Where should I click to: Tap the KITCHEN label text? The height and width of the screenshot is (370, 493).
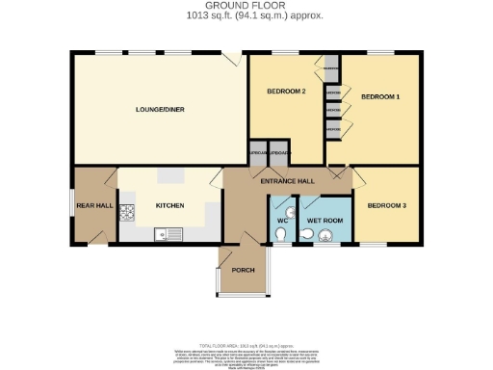(x=169, y=205)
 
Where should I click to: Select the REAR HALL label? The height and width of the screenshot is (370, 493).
(x=89, y=205)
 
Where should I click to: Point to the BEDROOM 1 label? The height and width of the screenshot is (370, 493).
(x=379, y=97)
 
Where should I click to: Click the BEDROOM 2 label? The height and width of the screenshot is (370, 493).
(x=286, y=92)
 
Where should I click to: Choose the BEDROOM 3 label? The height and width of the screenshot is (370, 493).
(x=386, y=205)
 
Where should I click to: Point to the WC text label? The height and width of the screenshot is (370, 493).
(x=282, y=222)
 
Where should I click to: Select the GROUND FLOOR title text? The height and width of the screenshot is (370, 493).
(x=246, y=7)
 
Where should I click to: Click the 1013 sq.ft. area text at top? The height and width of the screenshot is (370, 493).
(x=246, y=16)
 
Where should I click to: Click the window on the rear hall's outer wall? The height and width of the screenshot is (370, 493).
(x=72, y=203)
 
